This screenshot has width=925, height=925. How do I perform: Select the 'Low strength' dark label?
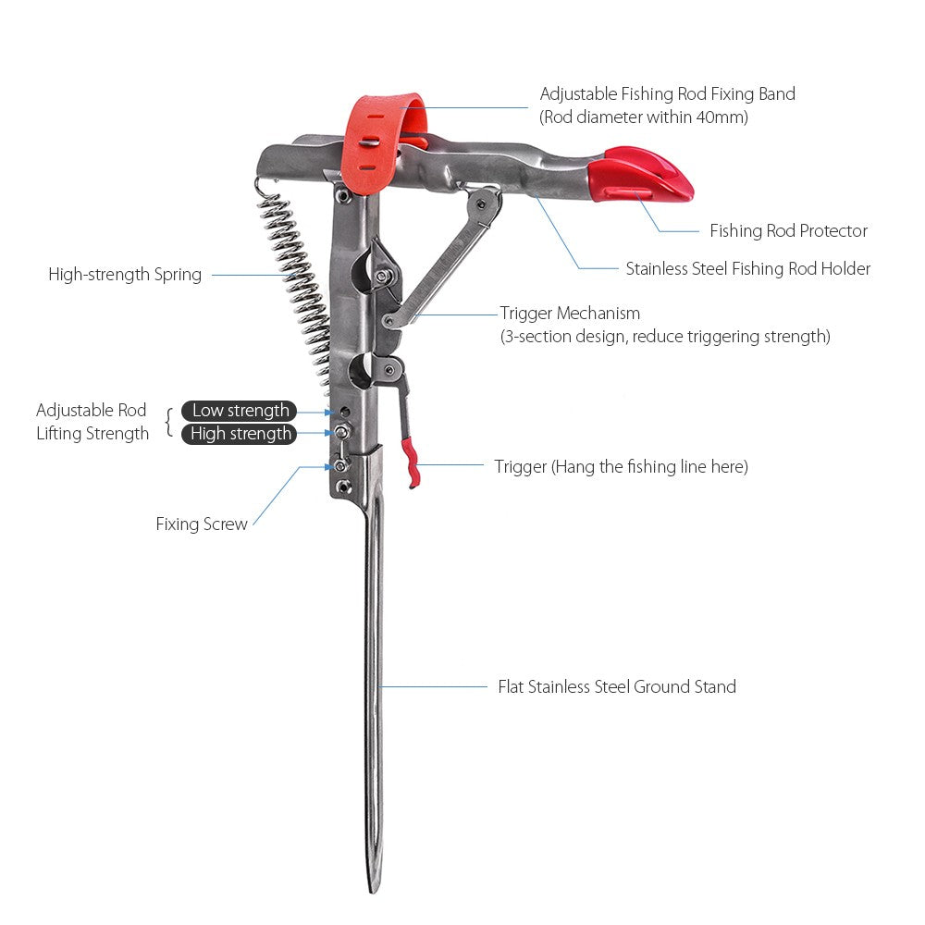(240, 411)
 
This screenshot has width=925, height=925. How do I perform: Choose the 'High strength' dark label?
(240, 434)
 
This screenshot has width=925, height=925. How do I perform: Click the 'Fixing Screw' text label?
(202, 524)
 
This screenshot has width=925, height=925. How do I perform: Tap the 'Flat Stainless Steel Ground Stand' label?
(617, 686)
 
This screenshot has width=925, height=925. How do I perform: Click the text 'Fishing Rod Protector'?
(788, 231)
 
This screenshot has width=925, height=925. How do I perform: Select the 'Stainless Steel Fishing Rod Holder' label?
(747, 269)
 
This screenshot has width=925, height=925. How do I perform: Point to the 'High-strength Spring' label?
(125, 275)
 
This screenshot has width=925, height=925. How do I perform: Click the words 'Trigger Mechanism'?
(570, 314)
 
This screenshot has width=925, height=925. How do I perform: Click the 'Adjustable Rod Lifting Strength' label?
(92, 422)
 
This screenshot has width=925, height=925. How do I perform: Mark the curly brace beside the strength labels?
(168, 422)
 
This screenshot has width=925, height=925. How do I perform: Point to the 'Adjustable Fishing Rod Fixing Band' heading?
(667, 94)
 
